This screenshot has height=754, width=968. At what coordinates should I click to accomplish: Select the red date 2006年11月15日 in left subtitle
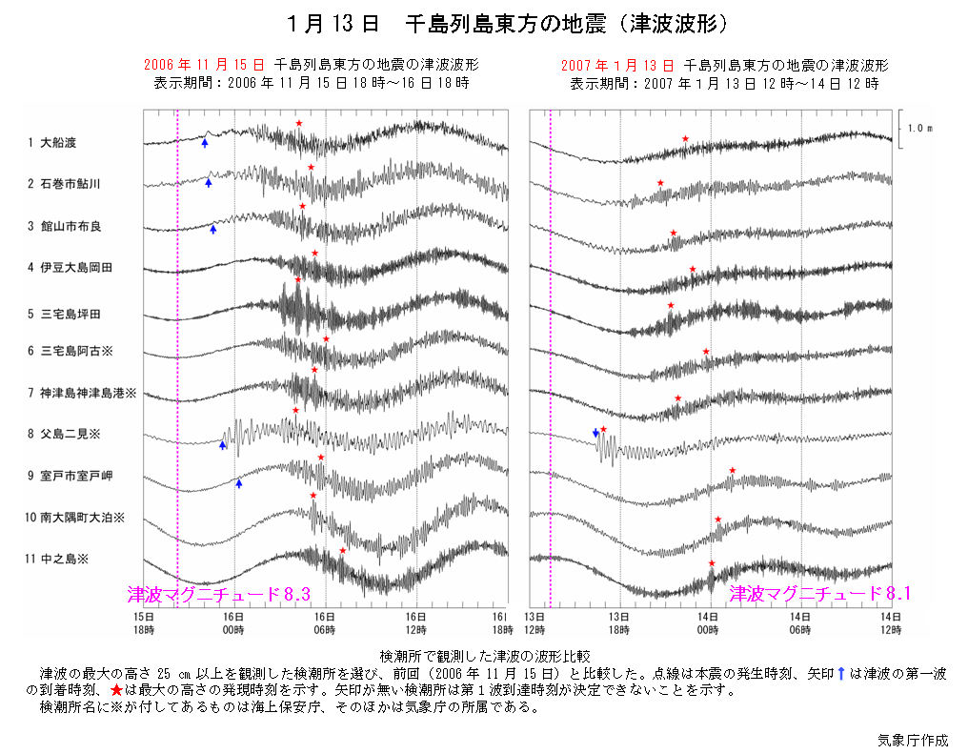click(203, 66)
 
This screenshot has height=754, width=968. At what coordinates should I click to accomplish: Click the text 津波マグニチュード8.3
click(219, 594)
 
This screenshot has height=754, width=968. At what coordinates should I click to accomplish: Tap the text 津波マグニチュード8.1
click(820, 593)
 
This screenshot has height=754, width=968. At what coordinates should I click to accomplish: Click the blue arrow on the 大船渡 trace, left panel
click(205, 142)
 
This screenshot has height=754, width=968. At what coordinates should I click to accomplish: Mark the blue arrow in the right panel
click(595, 433)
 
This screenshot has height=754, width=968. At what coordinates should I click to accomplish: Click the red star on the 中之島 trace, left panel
click(343, 550)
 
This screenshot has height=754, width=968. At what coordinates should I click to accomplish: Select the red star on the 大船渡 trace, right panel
click(685, 139)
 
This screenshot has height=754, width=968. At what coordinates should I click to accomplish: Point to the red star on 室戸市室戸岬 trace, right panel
click(732, 470)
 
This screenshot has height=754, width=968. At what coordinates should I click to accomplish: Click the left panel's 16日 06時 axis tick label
click(326, 623)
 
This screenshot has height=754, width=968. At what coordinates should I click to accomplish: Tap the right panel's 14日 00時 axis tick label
click(709, 623)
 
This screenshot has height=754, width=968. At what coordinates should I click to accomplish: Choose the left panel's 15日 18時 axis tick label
click(144, 623)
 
